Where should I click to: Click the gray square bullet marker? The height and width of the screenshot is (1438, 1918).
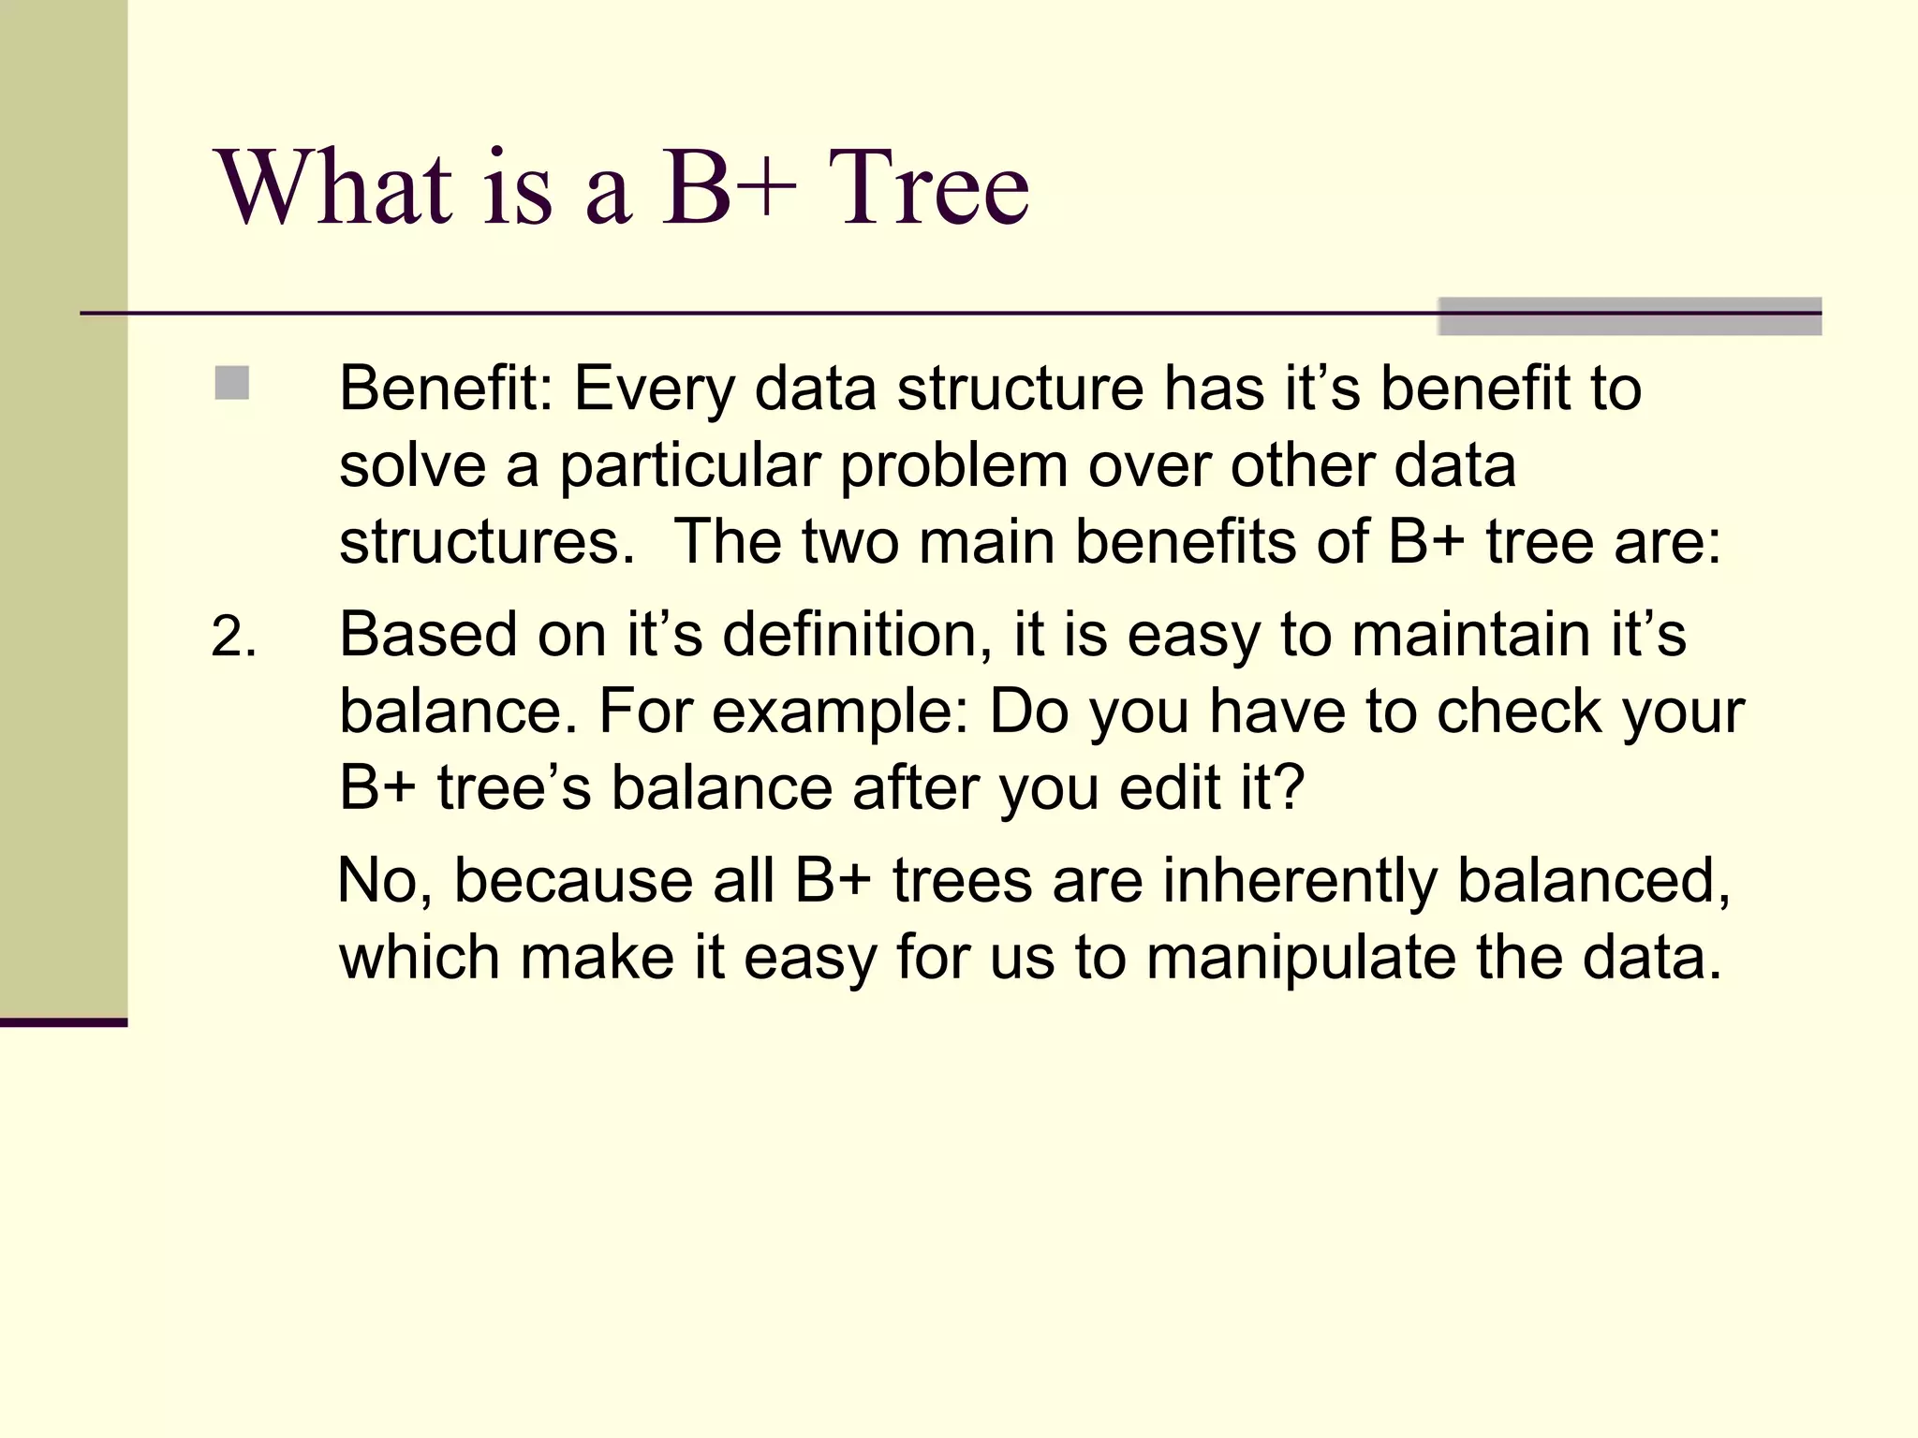point(231,383)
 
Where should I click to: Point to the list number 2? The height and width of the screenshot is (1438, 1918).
point(233,638)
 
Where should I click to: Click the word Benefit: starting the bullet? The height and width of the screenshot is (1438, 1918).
point(446,388)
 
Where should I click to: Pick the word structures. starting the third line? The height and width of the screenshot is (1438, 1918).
point(486,541)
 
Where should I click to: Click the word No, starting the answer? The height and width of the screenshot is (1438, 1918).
point(385,881)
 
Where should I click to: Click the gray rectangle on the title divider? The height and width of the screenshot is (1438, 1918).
point(1629,316)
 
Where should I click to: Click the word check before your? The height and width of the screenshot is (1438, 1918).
point(1518,712)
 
